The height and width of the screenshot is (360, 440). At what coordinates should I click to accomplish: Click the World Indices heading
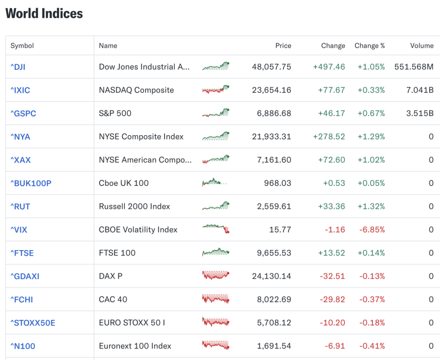(44, 14)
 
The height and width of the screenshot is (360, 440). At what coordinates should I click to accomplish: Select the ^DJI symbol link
(18, 67)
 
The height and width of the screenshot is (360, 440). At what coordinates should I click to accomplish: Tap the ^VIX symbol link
(19, 230)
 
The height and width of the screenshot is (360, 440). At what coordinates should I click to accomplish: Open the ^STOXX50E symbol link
(33, 323)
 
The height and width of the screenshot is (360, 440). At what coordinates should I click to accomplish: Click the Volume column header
(421, 46)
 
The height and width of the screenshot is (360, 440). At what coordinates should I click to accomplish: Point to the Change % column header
(370, 46)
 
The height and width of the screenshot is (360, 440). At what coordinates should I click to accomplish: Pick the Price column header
(283, 46)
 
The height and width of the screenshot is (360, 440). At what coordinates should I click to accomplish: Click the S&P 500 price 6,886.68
(271, 113)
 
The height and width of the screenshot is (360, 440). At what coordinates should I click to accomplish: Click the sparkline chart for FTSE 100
(215, 252)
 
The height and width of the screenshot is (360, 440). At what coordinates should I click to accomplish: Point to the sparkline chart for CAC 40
(215, 299)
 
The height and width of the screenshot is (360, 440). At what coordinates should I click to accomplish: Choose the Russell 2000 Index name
(134, 207)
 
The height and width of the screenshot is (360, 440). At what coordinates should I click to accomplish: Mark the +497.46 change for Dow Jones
(329, 67)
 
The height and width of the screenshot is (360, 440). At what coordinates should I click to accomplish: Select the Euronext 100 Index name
(135, 346)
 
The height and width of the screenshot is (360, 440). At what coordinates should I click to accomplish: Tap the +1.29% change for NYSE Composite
(371, 136)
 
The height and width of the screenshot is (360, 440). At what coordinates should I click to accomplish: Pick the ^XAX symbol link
(20, 160)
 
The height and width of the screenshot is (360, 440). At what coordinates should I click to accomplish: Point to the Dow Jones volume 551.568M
(414, 67)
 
